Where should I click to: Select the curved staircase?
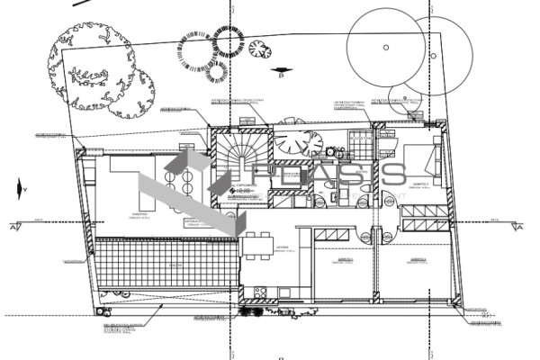[x=241, y=157]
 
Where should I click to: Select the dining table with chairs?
[x=256, y=243]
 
